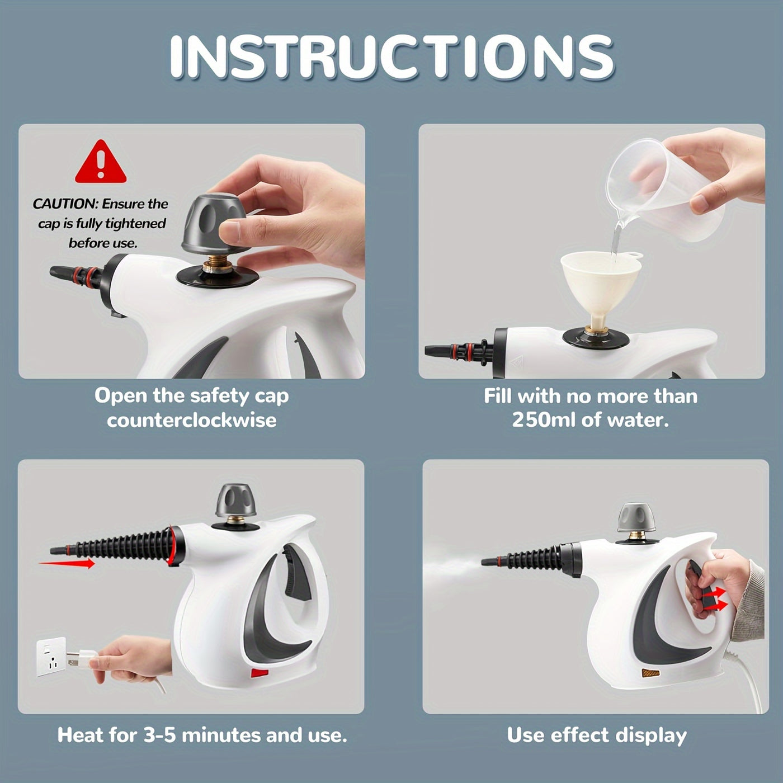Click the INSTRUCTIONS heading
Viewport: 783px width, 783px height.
(391, 57)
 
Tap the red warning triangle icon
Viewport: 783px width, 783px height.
(101, 163)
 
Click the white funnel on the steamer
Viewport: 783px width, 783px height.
(601, 285)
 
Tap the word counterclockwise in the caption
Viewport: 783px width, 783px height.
(192, 420)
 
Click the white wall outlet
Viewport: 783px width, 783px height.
(51, 657)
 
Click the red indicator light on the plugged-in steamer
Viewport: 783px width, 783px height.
(260, 673)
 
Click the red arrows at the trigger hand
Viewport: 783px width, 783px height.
(716, 598)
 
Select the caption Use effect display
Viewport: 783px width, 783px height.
(596, 735)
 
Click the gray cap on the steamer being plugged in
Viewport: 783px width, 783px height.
(235, 500)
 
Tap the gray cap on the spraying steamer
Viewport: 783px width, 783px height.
(636, 518)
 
